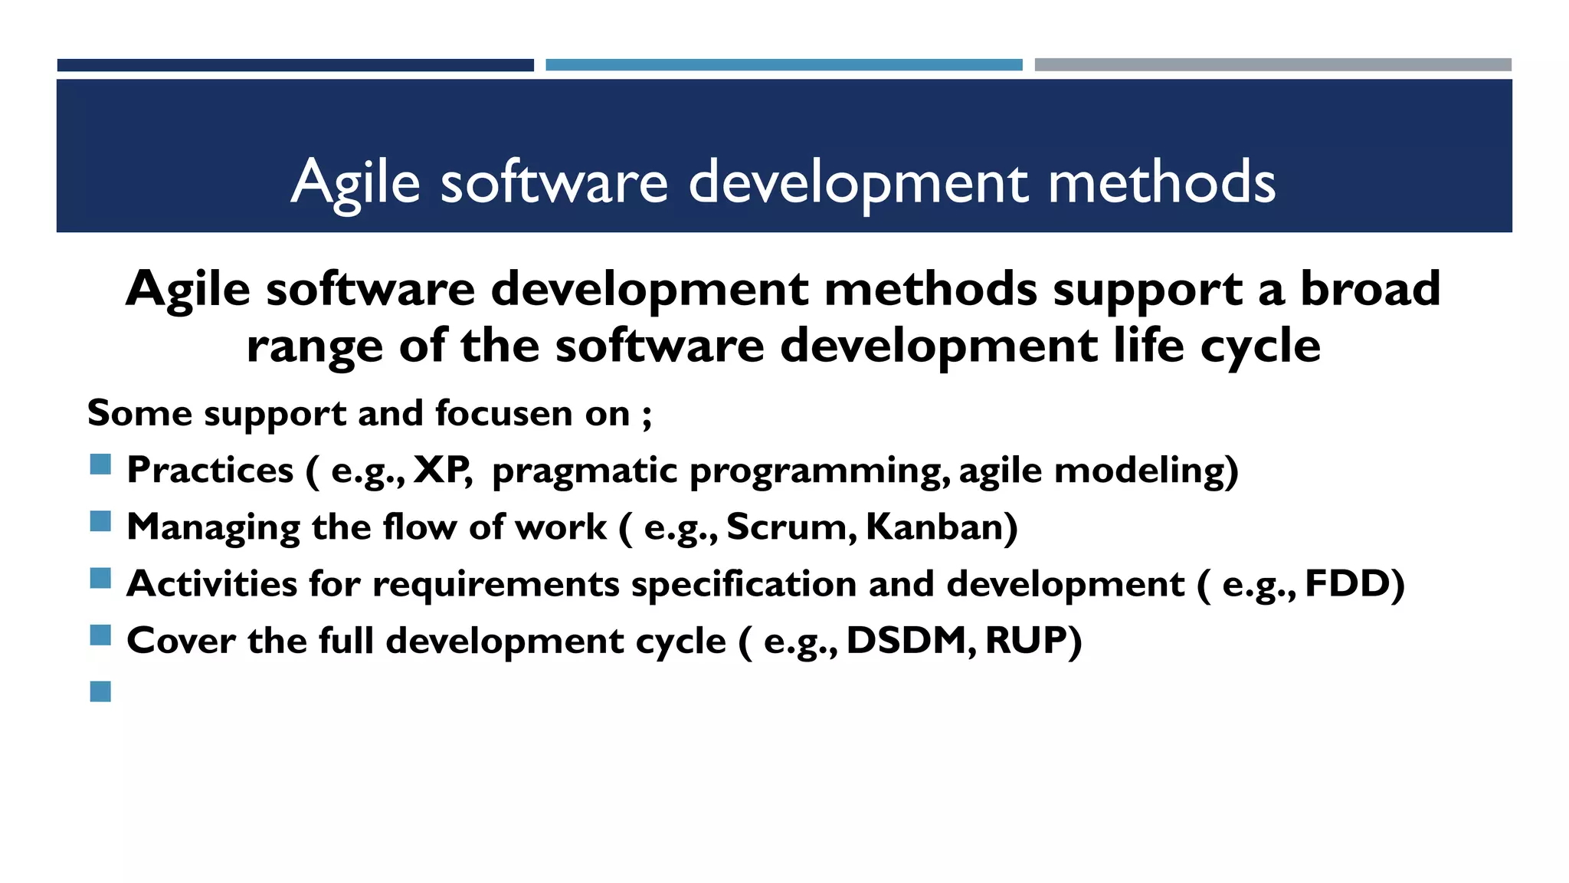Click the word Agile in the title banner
click(x=355, y=182)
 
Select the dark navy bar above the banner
click(x=295, y=65)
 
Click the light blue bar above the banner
click(x=784, y=65)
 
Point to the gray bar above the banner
click(x=1273, y=65)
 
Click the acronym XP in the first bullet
click(x=441, y=470)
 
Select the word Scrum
click(x=790, y=527)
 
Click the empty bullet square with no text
click(x=100, y=691)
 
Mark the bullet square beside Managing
click(x=100, y=522)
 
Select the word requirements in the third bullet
click(x=496, y=585)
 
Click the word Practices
click(x=210, y=470)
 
